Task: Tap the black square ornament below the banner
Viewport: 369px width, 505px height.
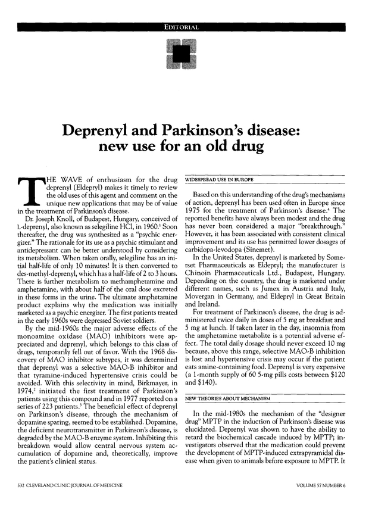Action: [x=184, y=55]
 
